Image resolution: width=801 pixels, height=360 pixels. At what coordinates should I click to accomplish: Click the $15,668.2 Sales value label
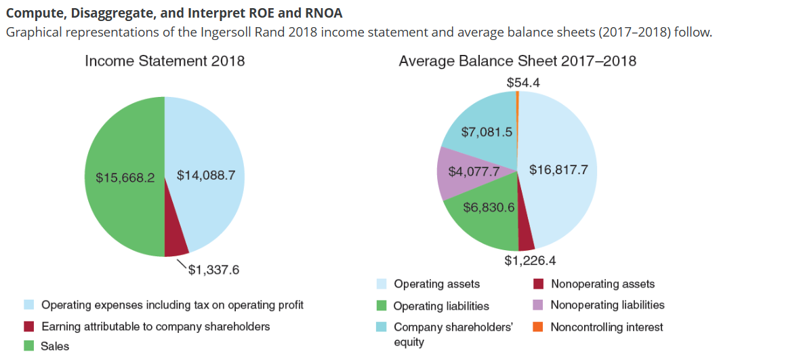[125, 178]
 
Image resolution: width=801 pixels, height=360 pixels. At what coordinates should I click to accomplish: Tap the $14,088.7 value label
[205, 175]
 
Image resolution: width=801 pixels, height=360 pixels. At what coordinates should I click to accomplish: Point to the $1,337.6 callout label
[213, 271]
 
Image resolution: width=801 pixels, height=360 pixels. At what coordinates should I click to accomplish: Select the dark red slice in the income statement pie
[176, 245]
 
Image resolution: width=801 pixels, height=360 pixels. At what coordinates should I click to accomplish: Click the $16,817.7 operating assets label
[558, 169]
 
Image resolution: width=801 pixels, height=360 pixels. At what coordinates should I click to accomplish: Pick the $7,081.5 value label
[486, 132]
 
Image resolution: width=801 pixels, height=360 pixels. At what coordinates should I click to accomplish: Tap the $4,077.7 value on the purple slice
[474, 172]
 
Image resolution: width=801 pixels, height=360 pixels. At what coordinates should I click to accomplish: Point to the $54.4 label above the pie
[523, 82]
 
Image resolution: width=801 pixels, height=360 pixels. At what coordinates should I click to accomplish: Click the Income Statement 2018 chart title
[165, 61]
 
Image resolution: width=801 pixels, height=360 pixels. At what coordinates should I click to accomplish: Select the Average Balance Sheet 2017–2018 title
[517, 61]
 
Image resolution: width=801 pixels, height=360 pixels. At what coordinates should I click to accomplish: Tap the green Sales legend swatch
[28, 346]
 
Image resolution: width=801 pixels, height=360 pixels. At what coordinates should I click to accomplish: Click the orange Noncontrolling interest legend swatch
[539, 327]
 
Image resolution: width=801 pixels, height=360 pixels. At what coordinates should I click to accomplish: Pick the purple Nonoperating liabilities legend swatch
[539, 305]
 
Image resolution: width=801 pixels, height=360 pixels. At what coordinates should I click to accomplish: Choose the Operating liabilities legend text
[441, 306]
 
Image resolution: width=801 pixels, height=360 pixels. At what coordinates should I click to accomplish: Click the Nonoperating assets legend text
[602, 284]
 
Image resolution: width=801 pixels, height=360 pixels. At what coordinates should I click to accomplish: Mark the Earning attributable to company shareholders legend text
[156, 326]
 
